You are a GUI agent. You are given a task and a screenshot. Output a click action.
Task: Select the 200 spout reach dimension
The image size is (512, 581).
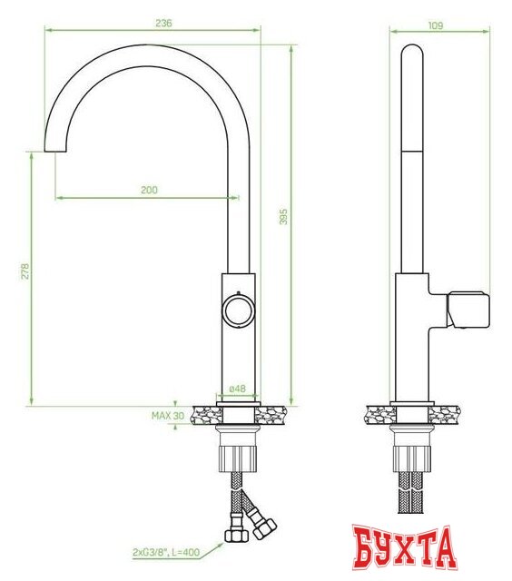[x=149, y=190]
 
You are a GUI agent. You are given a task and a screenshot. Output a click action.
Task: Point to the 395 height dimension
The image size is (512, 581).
[x=282, y=216]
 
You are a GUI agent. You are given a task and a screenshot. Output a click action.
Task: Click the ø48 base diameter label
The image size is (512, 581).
[x=238, y=389]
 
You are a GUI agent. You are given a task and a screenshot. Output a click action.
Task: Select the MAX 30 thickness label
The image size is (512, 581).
[x=168, y=416]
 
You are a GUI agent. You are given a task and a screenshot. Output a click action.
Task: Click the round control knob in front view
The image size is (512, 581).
[x=238, y=309]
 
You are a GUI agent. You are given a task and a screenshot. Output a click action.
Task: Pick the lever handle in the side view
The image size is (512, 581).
[x=468, y=310]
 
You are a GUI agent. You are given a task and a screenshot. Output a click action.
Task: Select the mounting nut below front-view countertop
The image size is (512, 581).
[x=238, y=451]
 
